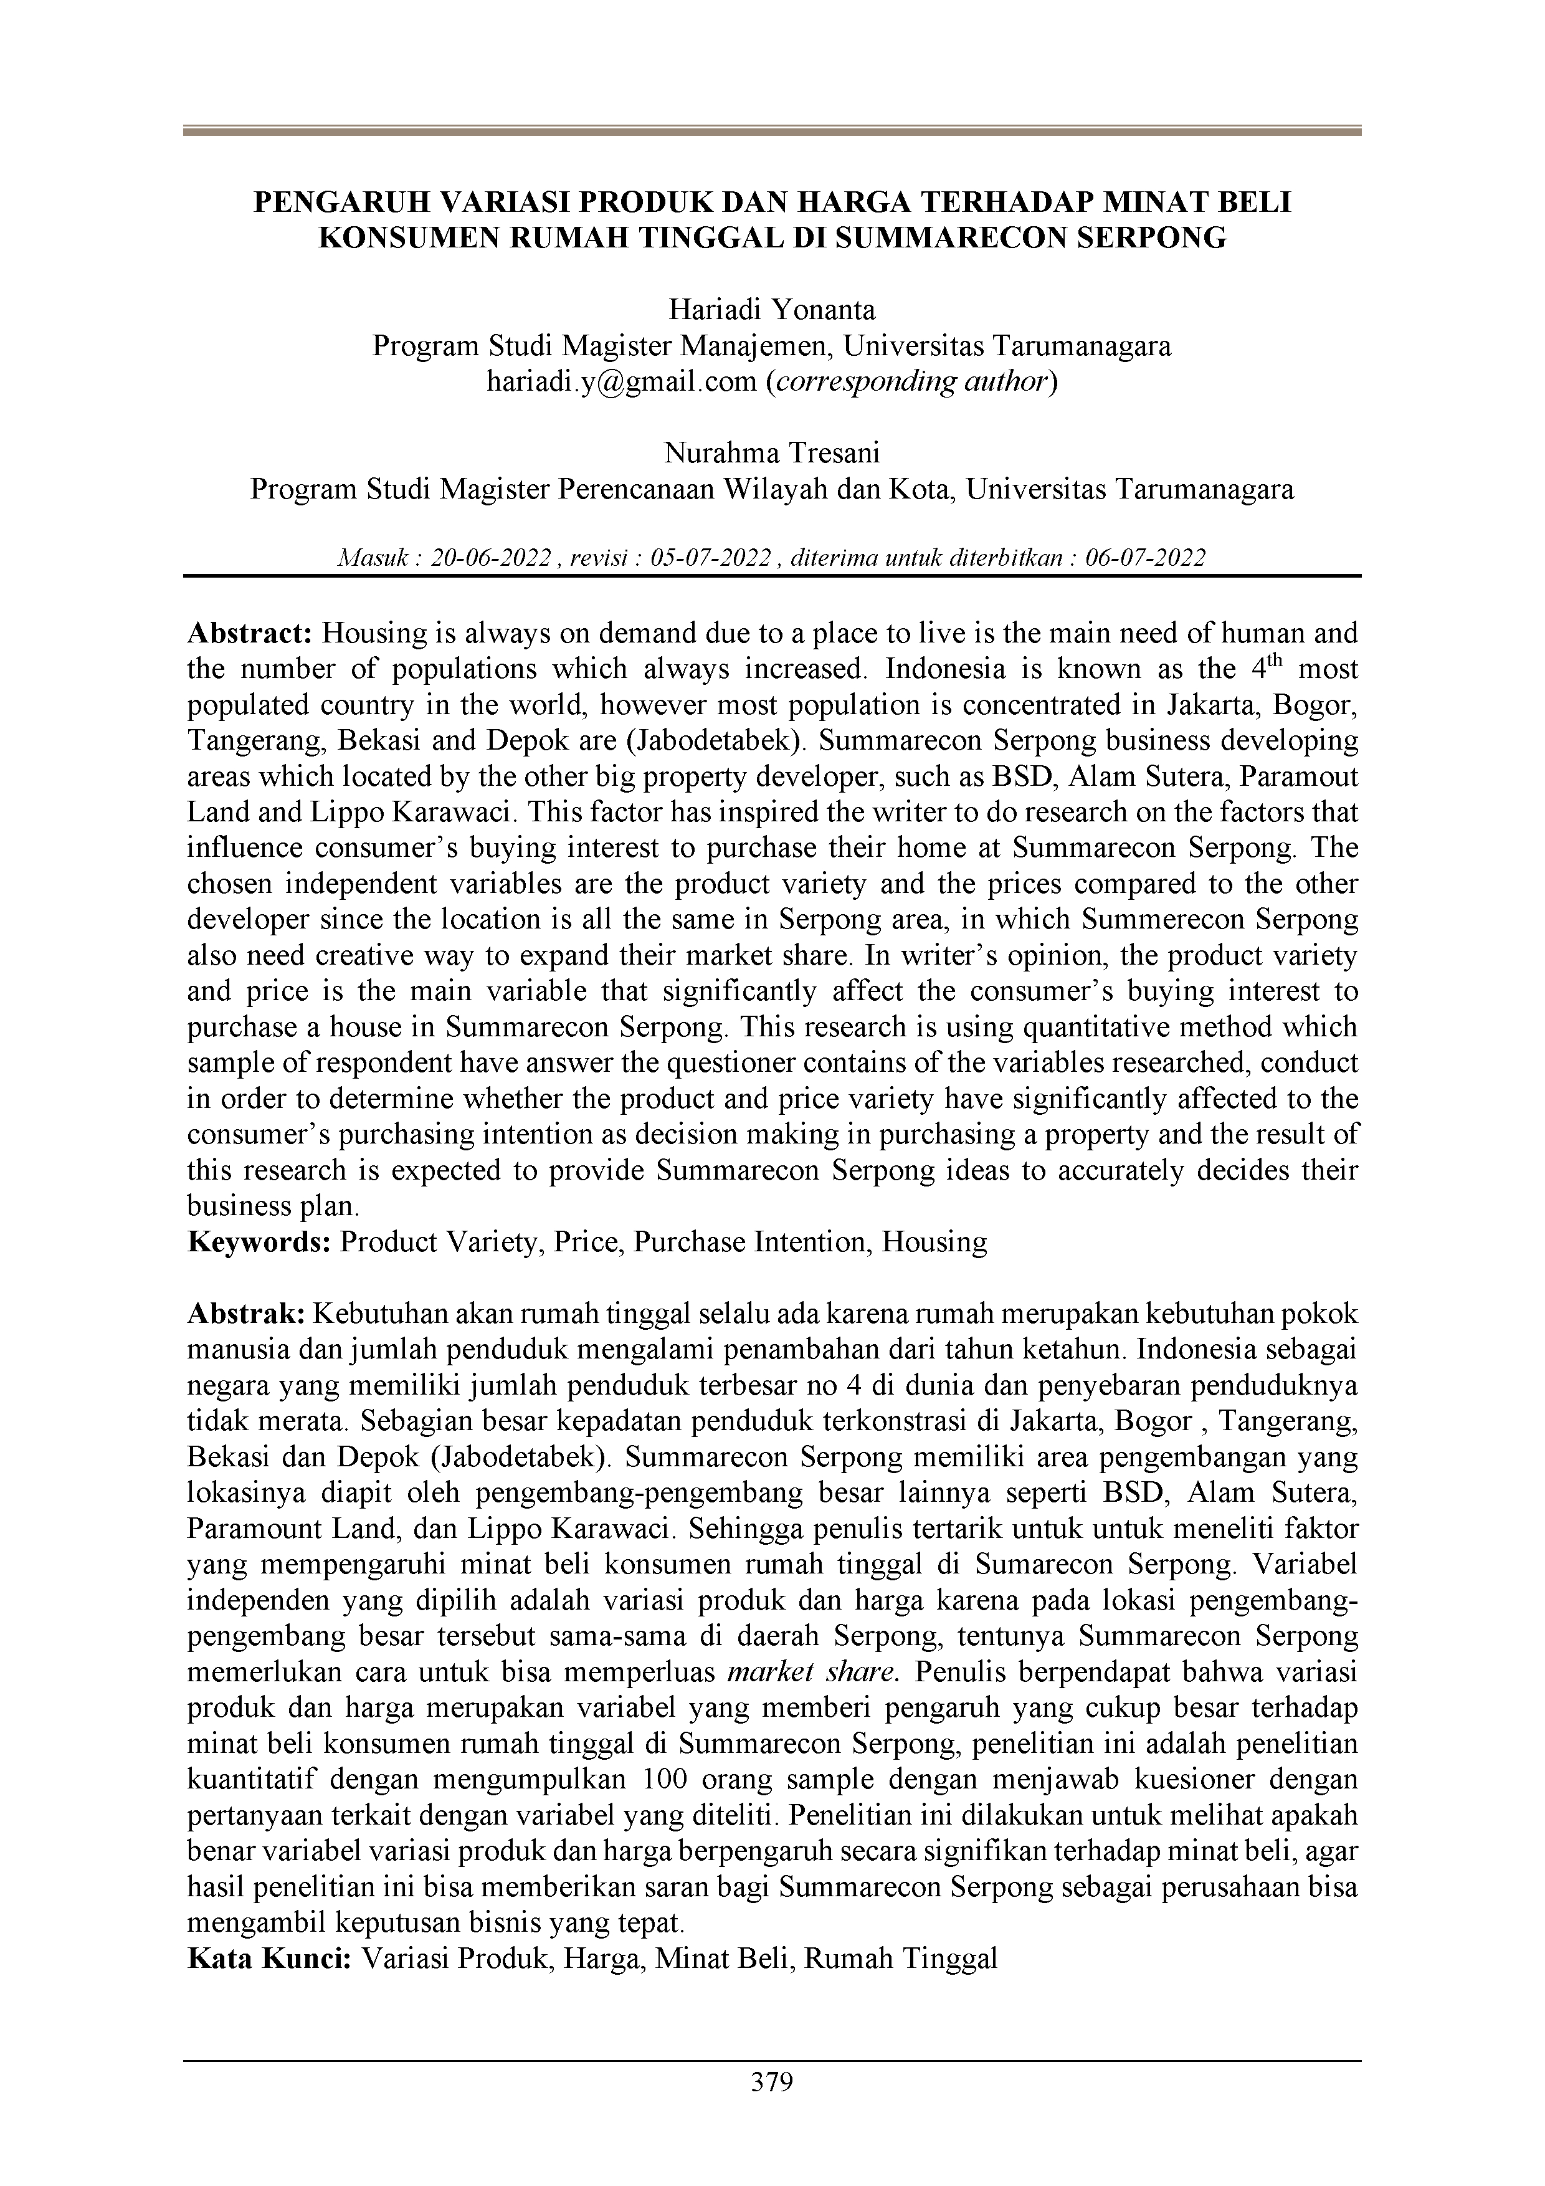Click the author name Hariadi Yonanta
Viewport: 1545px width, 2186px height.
click(771, 310)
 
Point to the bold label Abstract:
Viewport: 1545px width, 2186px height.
click(250, 633)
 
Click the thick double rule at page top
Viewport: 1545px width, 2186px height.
click(771, 131)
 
